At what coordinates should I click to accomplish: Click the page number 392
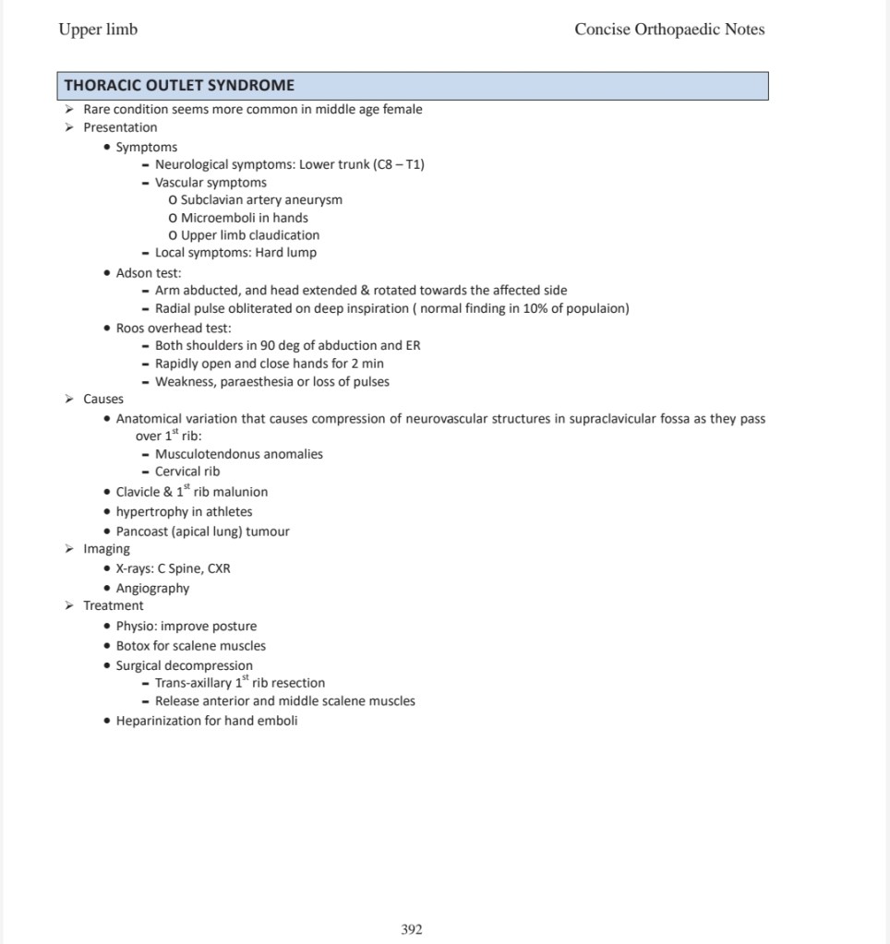point(412,929)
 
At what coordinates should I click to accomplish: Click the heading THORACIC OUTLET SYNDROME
point(179,86)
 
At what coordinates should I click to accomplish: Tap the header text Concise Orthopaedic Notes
point(669,30)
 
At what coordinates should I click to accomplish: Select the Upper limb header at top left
point(98,30)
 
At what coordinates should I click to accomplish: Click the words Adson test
point(148,273)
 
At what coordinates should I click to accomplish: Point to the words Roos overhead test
point(174,328)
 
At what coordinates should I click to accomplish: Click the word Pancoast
point(144,532)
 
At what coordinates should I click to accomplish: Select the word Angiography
point(152,589)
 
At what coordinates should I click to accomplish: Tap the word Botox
point(133,646)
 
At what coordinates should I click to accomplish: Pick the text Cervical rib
point(187,472)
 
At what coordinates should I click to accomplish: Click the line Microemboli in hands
point(244,218)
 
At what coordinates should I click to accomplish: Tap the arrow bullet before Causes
point(69,400)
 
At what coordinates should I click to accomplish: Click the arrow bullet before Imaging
point(69,549)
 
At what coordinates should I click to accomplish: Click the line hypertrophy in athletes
point(184,512)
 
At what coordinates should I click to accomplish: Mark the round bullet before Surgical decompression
point(108,666)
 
